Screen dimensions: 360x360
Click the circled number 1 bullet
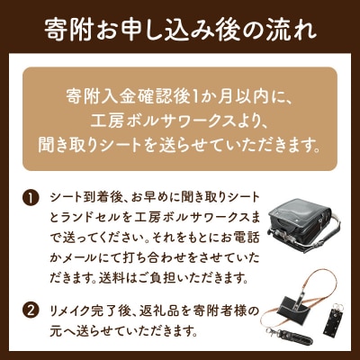[31, 199]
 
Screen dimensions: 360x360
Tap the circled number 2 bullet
[31, 311]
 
